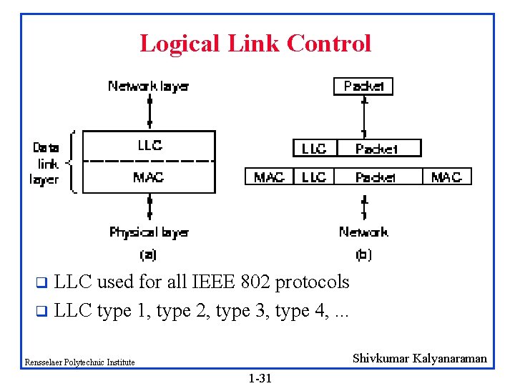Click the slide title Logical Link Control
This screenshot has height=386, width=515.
pos(255,44)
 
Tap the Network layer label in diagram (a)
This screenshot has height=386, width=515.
pos(148,86)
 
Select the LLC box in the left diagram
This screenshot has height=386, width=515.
pos(149,145)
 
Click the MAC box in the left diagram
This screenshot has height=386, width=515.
pos(149,177)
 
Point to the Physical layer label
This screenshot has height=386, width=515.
pos(149,232)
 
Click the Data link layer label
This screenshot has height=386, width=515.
pos(46,163)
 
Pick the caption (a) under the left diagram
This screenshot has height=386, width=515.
pos(148,254)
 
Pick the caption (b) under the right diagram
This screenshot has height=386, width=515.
pos(363,254)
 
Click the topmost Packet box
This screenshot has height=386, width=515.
pos(363,86)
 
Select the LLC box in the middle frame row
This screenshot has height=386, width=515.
pos(314,149)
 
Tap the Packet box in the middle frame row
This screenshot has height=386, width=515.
pos(377,149)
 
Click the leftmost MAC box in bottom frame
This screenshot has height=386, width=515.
pos(269,177)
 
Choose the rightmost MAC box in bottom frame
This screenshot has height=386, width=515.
pos(446,177)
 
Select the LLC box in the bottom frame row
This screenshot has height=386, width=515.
pos(314,177)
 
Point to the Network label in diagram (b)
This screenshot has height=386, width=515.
pos(363,232)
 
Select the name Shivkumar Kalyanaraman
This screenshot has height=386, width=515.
pos(419,359)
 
